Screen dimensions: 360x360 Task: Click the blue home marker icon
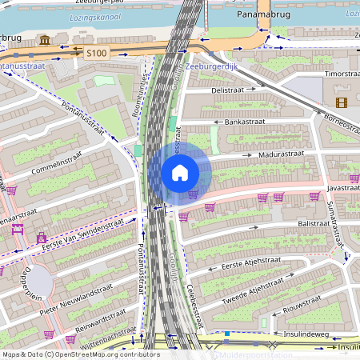click(x=180, y=172)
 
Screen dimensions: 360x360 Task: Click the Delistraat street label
click(x=226, y=91)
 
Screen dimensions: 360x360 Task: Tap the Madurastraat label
click(x=278, y=155)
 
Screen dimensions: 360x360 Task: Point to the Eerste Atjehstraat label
click(x=245, y=265)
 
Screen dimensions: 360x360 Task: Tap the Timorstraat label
click(x=341, y=74)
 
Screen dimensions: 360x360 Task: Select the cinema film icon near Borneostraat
click(x=342, y=102)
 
